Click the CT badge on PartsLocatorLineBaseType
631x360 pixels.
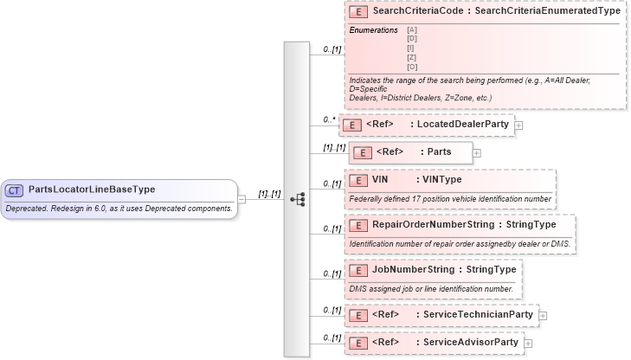[x=15, y=190]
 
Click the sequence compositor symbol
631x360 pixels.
[x=297, y=199]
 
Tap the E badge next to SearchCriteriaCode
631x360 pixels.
[x=357, y=12]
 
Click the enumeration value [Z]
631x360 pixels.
[x=412, y=57]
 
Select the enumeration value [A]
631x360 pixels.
[x=412, y=30]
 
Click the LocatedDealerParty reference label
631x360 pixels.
[x=462, y=125]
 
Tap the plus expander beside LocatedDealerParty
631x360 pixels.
[x=518, y=125]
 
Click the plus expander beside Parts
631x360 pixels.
[x=477, y=153]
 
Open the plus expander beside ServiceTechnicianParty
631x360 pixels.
[x=543, y=315]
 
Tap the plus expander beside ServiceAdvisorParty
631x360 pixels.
[x=528, y=343]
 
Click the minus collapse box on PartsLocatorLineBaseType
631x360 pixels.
[x=241, y=199]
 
